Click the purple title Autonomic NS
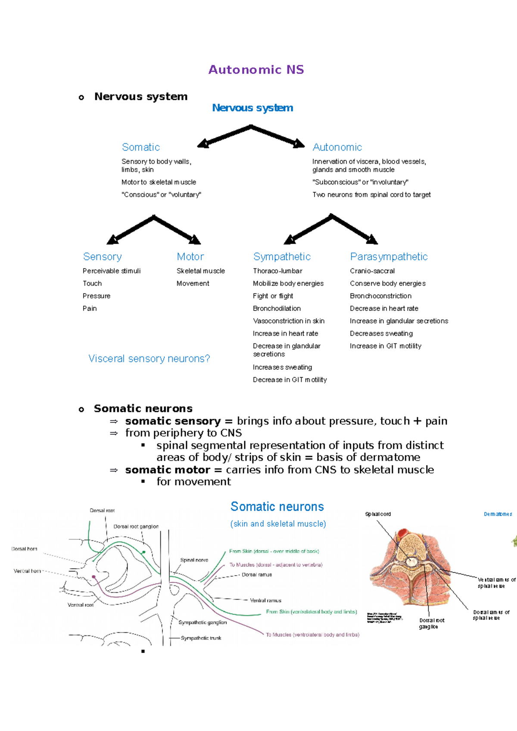256,70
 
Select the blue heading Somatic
141,147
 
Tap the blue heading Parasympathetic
389,257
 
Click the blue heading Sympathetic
282,257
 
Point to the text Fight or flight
273,296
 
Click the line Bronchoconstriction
380,296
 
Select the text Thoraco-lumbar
277,271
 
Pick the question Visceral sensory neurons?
149,359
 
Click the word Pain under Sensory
90,308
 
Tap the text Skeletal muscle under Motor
200,271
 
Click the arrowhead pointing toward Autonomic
299,144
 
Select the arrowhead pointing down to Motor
195,240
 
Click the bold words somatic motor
168,470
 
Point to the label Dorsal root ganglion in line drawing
136,527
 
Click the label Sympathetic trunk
201,638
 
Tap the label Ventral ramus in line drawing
265,600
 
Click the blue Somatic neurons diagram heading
277,507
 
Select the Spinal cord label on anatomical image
378,514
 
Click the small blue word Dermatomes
498,514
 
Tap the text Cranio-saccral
372,271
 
